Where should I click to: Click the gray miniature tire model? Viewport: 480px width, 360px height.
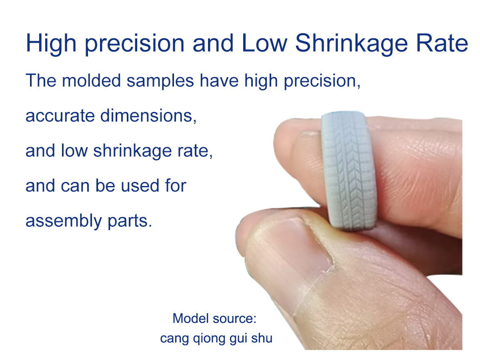349,170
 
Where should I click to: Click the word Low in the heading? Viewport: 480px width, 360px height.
264,43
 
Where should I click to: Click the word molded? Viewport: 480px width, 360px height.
91,80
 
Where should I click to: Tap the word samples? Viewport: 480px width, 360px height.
160,81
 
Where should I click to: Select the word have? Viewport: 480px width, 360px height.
219,80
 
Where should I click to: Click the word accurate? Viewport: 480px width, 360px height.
60,116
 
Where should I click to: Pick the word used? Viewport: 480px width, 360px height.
140,186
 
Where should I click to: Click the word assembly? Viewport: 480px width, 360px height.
64,222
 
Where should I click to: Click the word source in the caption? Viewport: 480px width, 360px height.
234,319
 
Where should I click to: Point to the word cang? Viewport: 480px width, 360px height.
174,339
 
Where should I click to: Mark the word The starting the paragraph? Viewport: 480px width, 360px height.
41,80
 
